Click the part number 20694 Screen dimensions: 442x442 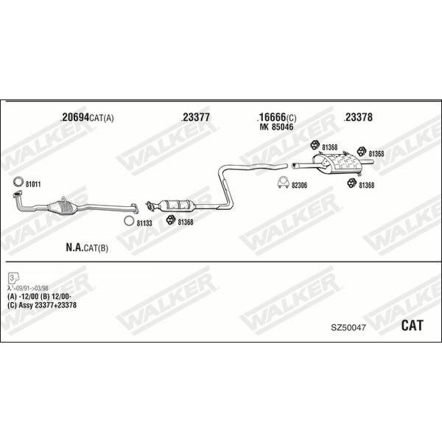(x=75, y=117)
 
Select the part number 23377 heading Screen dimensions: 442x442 (x=196, y=117)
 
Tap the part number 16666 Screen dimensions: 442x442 (x=273, y=117)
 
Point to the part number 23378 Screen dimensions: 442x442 (x=359, y=117)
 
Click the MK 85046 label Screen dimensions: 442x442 (x=276, y=127)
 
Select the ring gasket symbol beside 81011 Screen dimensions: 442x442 (x=18, y=182)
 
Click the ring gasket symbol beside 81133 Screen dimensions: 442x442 (x=129, y=221)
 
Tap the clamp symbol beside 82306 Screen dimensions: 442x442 (x=283, y=183)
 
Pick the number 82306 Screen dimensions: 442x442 (x=299, y=186)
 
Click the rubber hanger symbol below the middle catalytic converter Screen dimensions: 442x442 (x=171, y=220)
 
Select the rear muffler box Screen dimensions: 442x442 (x=337, y=162)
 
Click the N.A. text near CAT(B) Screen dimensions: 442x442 (x=74, y=248)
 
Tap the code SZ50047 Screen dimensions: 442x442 (x=348, y=328)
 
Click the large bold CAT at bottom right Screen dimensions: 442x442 (x=412, y=326)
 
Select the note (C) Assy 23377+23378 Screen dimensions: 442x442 (x=42, y=305)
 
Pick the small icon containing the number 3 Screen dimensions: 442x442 (x=13, y=278)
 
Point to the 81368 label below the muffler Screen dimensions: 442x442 (x=367, y=185)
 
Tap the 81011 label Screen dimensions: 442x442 (x=33, y=184)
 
